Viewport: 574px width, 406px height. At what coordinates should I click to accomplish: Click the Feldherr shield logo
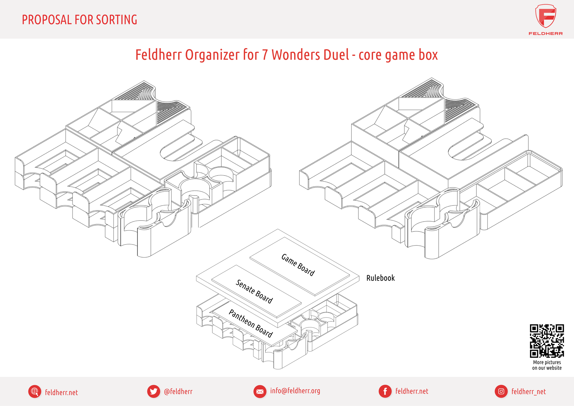tap(546, 16)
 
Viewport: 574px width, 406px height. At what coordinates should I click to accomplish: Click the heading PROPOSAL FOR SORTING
tap(79, 20)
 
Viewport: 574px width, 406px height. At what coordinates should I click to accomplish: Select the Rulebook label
tap(380, 278)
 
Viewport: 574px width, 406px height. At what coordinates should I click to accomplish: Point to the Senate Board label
tap(254, 292)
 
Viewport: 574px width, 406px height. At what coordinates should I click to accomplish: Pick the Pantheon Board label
tap(250, 323)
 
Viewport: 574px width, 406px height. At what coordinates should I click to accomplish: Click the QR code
tap(547, 341)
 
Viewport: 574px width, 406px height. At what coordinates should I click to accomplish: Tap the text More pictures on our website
tap(547, 365)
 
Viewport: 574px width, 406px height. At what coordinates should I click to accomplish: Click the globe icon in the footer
tap(34, 391)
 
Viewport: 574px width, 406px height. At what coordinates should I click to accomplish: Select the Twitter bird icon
tap(154, 391)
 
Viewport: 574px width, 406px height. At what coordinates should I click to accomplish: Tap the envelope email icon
tap(260, 391)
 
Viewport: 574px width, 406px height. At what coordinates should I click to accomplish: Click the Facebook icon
tap(385, 391)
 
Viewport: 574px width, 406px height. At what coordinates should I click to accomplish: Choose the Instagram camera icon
tap(501, 391)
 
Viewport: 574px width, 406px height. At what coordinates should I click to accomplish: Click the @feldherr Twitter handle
tap(178, 391)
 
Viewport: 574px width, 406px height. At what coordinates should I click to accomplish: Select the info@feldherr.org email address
tap(295, 391)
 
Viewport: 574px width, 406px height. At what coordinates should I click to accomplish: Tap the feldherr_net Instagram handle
tap(529, 391)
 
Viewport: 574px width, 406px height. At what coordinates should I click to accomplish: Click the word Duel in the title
tap(336, 55)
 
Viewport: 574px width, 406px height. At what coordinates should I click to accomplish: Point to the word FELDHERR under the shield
tap(546, 33)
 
